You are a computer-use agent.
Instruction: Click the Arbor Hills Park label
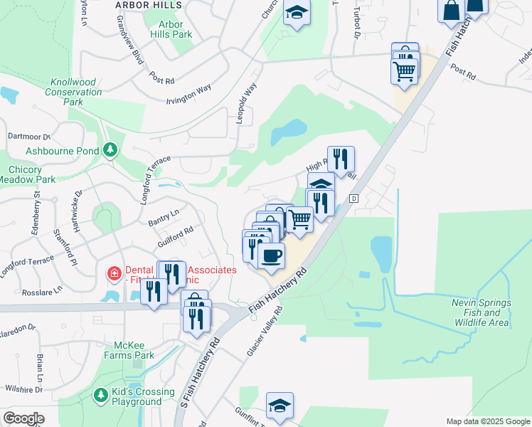[171, 29]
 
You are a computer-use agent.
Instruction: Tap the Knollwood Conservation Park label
[73, 93]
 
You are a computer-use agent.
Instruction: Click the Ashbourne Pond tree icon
[110, 149]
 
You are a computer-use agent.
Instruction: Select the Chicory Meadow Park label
[31, 174]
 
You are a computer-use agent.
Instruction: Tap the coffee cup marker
[270, 255]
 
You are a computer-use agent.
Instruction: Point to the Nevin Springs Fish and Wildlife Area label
[481, 312]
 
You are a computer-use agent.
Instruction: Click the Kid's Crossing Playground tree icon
[101, 394]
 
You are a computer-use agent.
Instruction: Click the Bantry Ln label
[163, 218]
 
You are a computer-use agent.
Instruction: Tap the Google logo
[23, 418]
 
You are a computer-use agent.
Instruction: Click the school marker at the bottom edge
[280, 405]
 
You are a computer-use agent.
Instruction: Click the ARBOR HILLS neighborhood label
[149, 5]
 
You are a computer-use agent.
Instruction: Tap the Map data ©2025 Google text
[487, 421]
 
